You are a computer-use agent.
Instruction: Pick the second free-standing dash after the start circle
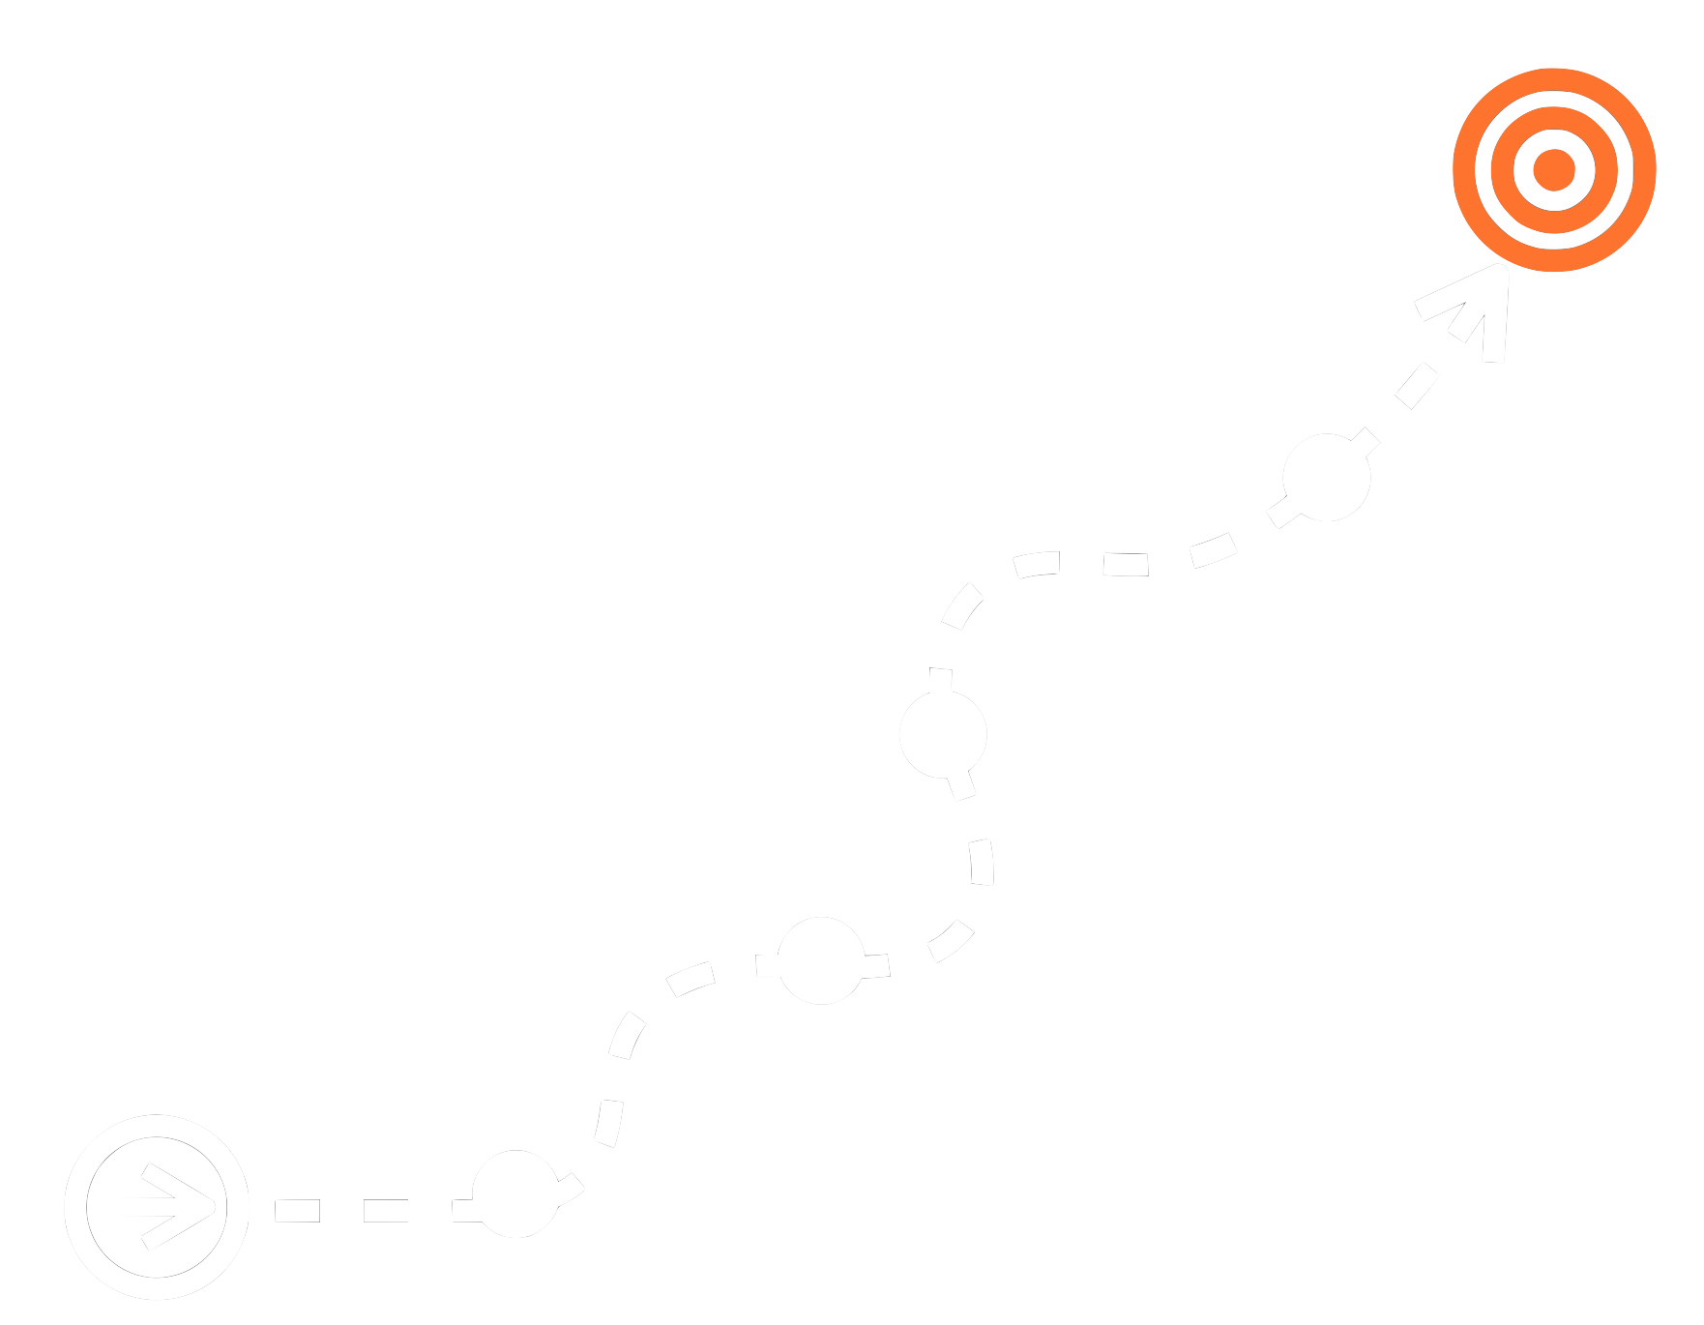pos(386,1210)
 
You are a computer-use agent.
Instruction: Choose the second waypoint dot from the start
pos(821,960)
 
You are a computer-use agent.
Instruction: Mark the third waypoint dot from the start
pos(943,734)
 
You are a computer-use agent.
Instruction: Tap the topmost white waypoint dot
pos(1327,478)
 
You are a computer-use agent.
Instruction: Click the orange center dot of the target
pos(1554,169)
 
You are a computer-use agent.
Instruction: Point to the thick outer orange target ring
pos(1554,81)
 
